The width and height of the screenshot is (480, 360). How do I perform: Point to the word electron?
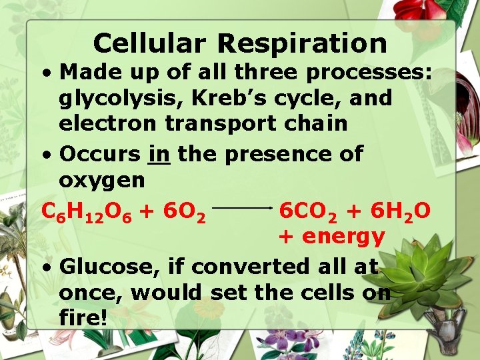tap(107, 124)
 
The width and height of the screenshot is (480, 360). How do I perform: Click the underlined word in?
tap(159, 153)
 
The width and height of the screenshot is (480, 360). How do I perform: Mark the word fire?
tap(83, 317)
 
